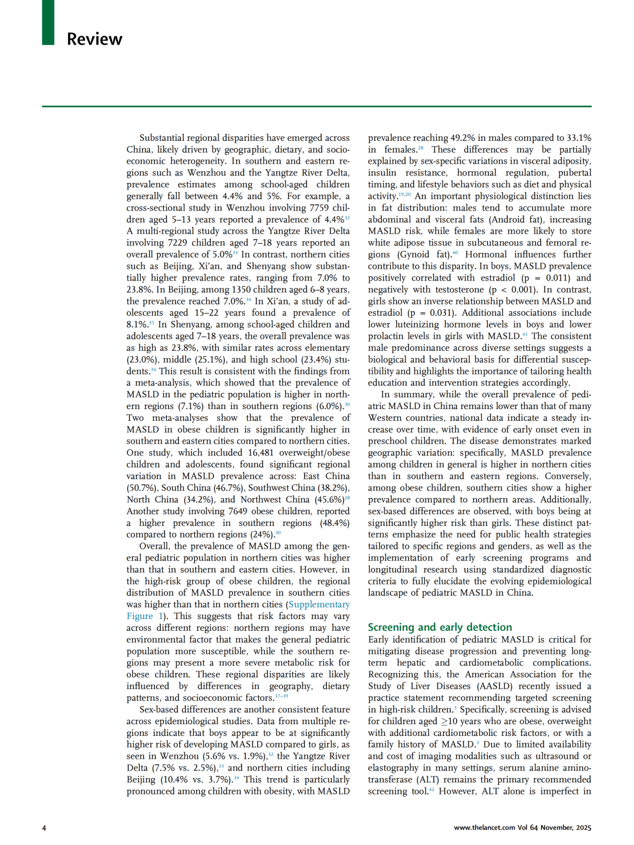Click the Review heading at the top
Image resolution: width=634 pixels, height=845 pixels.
[x=95, y=39]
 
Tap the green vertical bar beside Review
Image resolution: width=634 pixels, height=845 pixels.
[x=48, y=22]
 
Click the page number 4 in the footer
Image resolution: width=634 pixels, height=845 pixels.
[x=44, y=828]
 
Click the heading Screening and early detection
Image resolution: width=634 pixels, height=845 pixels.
[x=440, y=627]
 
